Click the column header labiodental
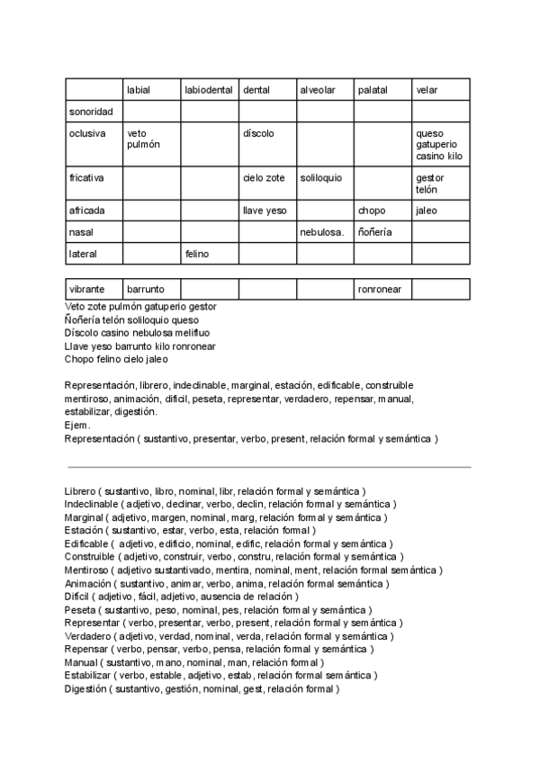point(209,90)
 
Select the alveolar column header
point(317,90)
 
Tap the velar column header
point(427,90)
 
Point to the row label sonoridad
point(91,112)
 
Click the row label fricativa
point(87,178)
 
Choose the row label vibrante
point(87,290)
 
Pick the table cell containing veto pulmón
point(143,139)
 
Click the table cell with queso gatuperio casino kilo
point(439,145)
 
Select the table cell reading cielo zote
point(264,178)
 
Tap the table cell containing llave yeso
point(264,211)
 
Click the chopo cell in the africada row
point(372,211)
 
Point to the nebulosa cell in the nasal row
point(322,232)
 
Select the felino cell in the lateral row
point(197,255)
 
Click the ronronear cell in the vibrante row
point(380,290)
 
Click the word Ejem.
point(77,426)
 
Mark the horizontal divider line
point(268,467)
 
